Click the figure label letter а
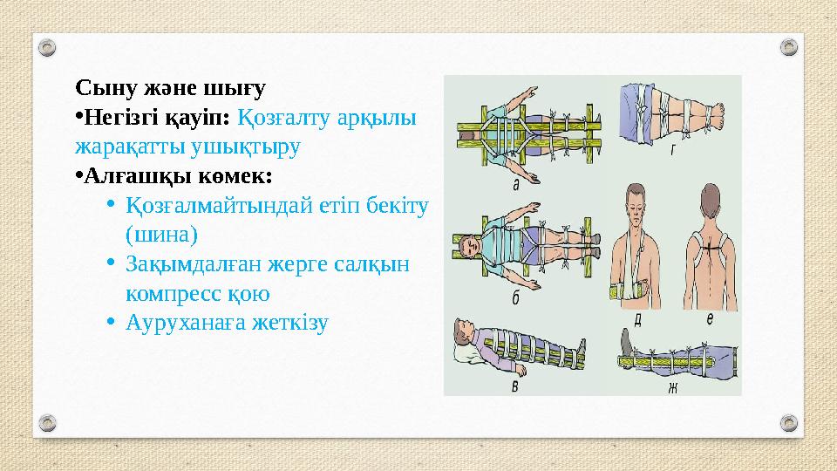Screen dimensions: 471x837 pos(516,185)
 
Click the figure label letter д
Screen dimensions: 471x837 pos(639,319)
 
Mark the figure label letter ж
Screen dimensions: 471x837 pos(672,386)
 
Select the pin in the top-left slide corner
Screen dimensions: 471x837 pos(49,46)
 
